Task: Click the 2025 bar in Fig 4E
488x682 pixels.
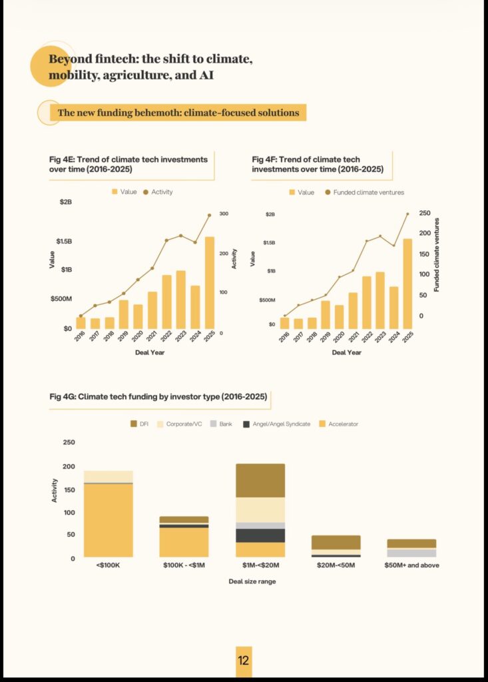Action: (210, 282)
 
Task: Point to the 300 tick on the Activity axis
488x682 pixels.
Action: (224, 214)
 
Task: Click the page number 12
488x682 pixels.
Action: (243, 661)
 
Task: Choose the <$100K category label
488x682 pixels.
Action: (108, 565)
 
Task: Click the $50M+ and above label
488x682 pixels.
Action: (411, 565)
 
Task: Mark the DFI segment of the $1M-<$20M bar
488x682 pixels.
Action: (260, 480)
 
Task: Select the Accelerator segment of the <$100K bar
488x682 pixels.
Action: (108, 520)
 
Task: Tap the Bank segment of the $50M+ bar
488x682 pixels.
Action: (411, 553)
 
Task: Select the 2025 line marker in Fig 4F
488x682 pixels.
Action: (407, 214)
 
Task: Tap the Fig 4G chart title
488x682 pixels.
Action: (158, 396)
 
